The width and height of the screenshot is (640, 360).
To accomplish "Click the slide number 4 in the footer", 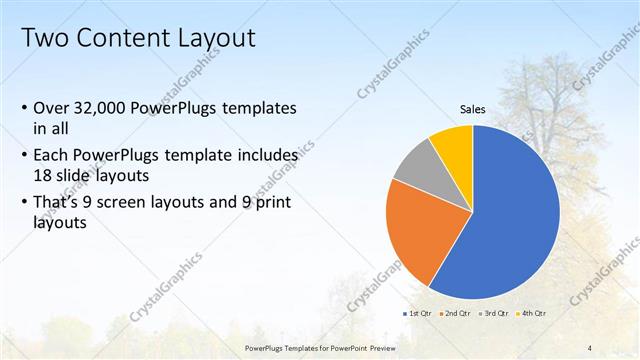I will (x=590, y=347).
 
